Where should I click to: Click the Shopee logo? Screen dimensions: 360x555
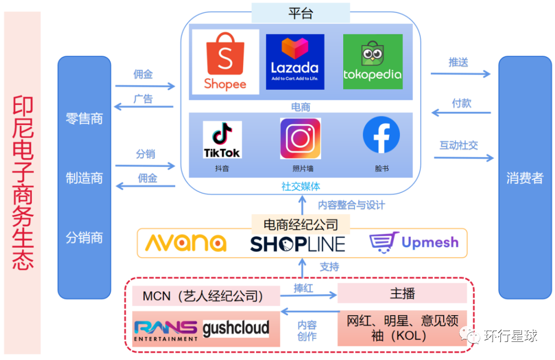click(225, 62)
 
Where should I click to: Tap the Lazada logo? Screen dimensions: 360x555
click(295, 62)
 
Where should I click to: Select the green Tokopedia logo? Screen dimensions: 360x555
click(373, 62)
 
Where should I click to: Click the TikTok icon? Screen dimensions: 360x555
click(222, 140)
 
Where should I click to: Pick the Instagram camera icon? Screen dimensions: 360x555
click(300, 139)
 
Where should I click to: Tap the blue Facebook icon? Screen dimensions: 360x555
click(381, 135)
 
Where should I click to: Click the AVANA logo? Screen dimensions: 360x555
click(186, 243)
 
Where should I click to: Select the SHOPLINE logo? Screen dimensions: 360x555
click(298, 244)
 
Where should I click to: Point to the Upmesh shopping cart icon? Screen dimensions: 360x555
click(384, 243)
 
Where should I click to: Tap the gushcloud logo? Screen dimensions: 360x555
click(236, 328)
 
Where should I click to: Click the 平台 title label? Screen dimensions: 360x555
click(300, 13)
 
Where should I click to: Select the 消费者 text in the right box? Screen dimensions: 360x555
click(525, 178)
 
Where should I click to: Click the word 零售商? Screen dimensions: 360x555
click(84, 119)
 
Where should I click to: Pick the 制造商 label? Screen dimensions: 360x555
click(84, 178)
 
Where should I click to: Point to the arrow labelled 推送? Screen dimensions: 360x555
click(460, 74)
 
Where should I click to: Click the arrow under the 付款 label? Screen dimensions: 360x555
click(460, 113)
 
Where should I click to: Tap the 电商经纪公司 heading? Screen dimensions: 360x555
click(301, 225)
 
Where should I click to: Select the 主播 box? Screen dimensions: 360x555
click(402, 294)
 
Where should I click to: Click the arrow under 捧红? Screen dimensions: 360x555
click(308, 296)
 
